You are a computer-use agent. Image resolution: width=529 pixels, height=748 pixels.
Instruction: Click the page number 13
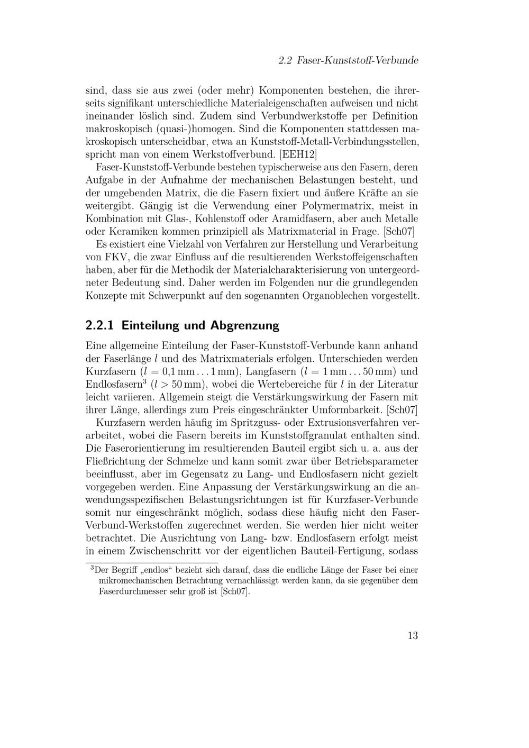tap(413, 636)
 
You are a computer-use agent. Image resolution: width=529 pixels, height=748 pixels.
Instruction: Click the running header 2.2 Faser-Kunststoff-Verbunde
tap(348, 61)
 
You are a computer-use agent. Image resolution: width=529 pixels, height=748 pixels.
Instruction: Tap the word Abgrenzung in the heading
tap(244, 325)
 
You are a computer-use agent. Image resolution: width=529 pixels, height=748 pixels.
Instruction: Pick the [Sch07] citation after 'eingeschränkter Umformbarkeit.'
tap(402, 409)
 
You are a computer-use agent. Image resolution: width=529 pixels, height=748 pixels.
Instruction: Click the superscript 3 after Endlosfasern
tap(144, 381)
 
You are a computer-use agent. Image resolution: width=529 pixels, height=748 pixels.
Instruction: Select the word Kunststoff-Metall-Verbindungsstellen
tap(334, 142)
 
